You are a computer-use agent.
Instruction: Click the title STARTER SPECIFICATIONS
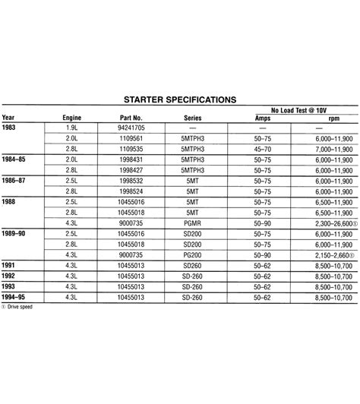[x=179, y=99]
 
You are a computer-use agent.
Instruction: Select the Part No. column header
[x=131, y=118]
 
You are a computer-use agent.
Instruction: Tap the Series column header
[x=193, y=118]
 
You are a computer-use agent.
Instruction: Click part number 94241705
[x=131, y=129]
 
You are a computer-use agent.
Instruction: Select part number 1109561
[x=131, y=140]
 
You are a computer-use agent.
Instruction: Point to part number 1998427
[x=131, y=172]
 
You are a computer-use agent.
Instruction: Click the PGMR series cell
[x=193, y=224]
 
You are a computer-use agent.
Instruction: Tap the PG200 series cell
[x=193, y=256]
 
